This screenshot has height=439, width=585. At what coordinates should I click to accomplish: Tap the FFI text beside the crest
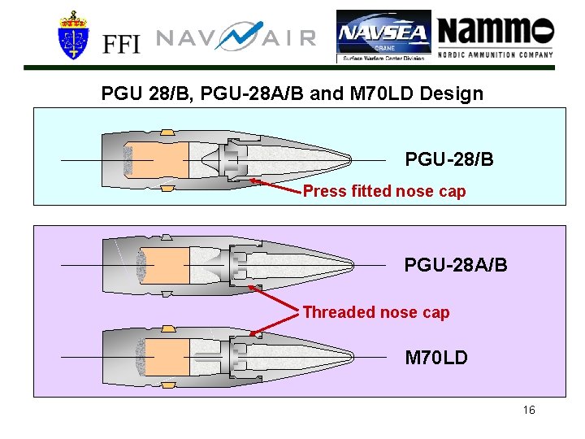coord(121,43)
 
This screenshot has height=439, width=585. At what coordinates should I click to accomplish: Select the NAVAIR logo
coord(236,37)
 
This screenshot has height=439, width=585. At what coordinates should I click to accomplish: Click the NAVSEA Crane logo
coord(383,37)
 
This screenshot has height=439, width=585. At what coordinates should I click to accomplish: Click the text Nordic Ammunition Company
coord(496,55)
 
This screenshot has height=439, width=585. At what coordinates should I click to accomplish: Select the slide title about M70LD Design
coord(292,93)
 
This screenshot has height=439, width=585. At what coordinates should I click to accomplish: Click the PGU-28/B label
coord(449,159)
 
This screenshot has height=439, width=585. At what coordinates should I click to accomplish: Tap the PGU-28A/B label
coord(456,265)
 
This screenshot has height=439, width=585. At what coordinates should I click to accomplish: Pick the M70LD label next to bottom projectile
coord(436,358)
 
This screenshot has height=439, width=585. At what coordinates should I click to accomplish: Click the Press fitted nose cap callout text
coord(384,192)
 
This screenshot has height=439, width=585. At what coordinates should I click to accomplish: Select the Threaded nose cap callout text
coord(375,312)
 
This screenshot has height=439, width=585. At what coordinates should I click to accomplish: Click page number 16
coord(529,410)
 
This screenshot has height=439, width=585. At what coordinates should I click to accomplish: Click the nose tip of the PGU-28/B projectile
coord(350,159)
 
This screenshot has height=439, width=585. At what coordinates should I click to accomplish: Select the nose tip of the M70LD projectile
coord(353,357)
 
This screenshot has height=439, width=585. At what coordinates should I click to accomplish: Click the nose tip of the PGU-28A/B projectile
coord(353,265)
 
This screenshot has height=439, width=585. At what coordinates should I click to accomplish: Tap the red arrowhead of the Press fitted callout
coord(251,180)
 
